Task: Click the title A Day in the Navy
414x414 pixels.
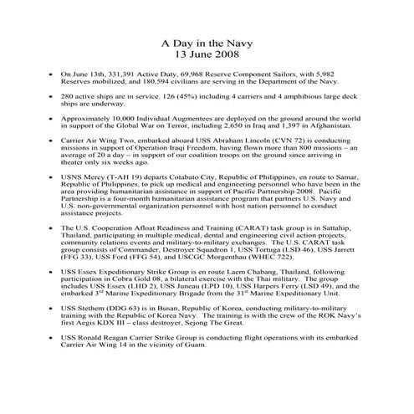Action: pyautogui.click(x=207, y=40)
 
